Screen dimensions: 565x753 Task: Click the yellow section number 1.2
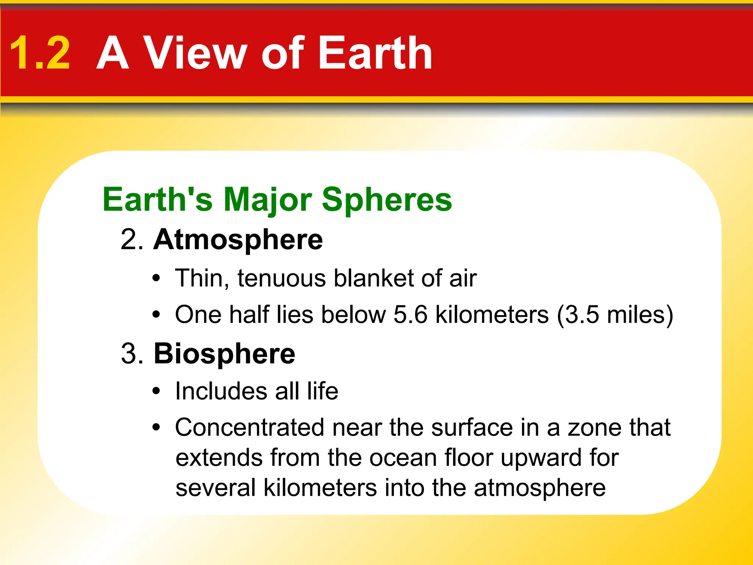click(40, 53)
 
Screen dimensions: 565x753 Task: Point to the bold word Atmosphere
click(238, 240)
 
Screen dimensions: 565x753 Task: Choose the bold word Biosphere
click(224, 354)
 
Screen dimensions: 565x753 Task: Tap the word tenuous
click(281, 278)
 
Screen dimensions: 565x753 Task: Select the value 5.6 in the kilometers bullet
click(410, 315)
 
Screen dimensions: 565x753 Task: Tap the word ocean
click(403, 458)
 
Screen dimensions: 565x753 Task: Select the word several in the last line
click(215, 488)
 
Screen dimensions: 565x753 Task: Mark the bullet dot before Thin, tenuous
click(157, 279)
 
